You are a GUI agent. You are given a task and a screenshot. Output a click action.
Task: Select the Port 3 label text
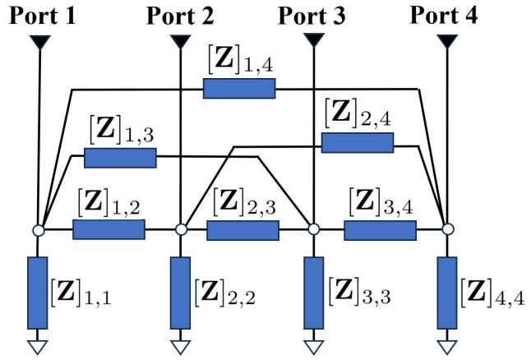click(x=312, y=15)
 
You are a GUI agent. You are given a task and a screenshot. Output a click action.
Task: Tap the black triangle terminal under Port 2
click(x=180, y=40)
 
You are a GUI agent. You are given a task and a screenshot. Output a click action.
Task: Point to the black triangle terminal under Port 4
click(x=446, y=40)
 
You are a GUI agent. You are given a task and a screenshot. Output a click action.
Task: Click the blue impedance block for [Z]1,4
click(x=239, y=88)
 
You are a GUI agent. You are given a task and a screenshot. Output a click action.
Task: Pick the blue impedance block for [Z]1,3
click(x=120, y=158)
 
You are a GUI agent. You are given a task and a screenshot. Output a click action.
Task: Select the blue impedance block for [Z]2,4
click(x=358, y=143)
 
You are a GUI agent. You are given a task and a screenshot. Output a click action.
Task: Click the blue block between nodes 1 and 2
click(x=109, y=229)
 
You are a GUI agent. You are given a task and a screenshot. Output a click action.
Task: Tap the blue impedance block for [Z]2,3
click(x=242, y=230)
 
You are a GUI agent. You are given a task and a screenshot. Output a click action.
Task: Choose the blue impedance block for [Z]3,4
click(x=380, y=230)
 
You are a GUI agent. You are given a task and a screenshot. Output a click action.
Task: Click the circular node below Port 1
click(x=38, y=230)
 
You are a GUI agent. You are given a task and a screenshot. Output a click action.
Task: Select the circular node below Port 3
click(x=313, y=230)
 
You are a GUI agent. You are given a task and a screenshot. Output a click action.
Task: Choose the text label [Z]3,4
click(x=379, y=202)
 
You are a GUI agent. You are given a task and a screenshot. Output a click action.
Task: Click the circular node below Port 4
click(x=447, y=229)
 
